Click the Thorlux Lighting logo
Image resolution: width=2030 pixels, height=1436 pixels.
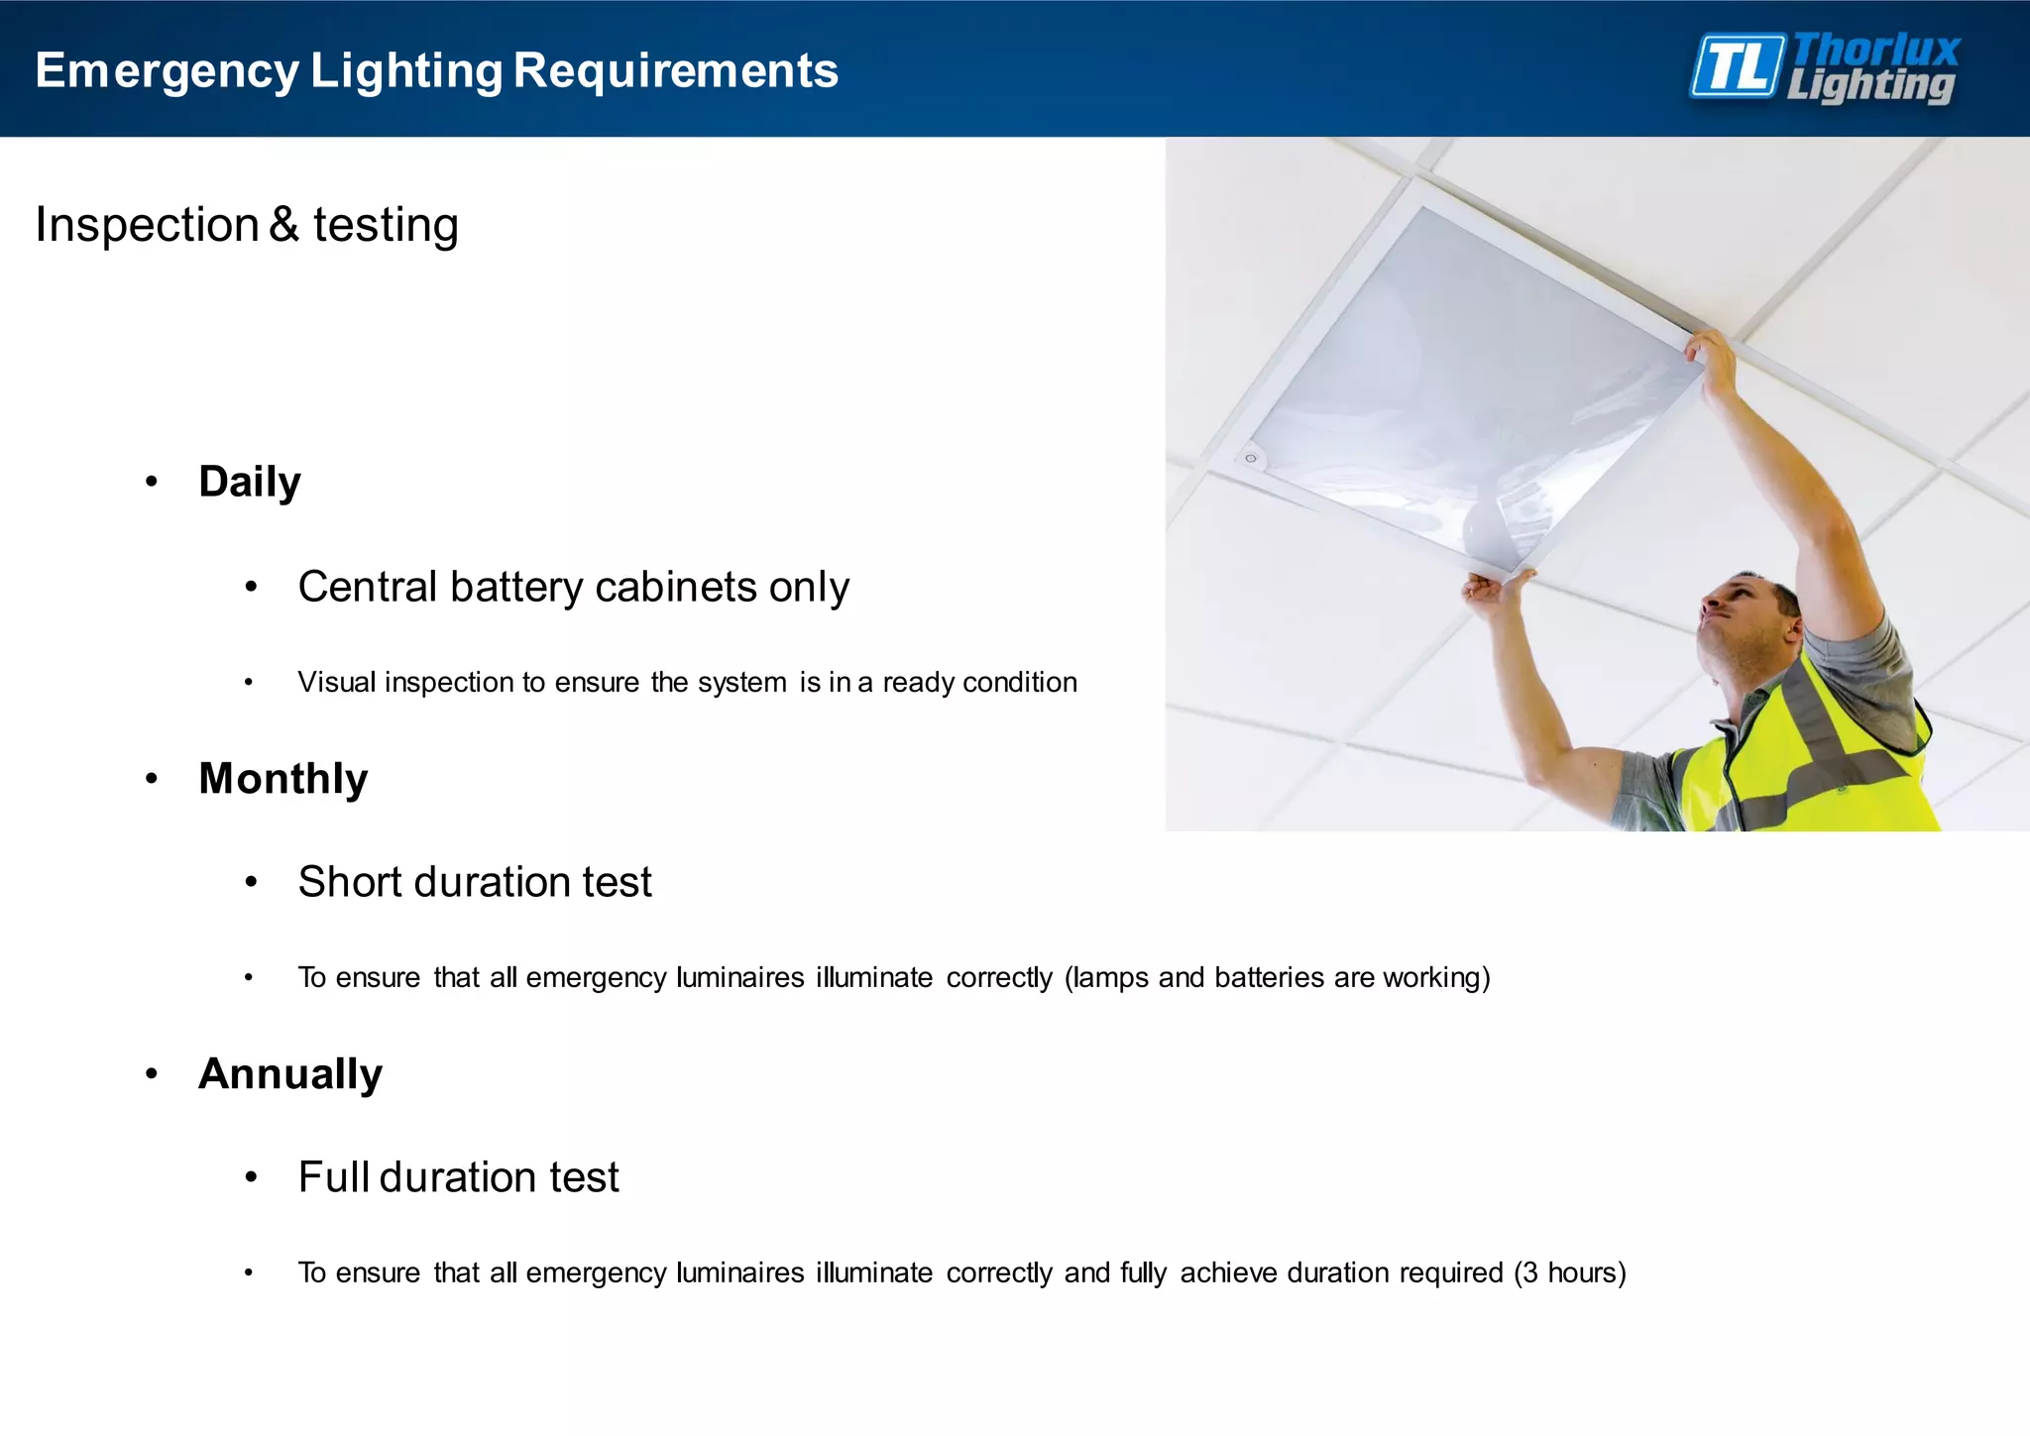coord(1824,67)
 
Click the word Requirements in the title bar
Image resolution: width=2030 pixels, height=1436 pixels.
coord(675,71)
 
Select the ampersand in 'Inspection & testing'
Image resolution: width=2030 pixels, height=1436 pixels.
coord(283,224)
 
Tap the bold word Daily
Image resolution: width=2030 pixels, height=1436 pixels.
coord(250,483)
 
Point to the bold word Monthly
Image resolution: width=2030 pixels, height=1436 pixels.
coord(283,779)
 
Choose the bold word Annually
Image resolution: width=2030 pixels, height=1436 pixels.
coord(290,1074)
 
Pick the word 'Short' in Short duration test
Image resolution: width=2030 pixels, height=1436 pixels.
coord(349,882)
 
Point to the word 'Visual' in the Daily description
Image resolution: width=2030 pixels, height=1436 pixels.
coord(336,683)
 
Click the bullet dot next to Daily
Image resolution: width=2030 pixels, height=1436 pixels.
coord(152,483)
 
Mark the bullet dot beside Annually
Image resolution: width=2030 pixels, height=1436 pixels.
coord(152,1074)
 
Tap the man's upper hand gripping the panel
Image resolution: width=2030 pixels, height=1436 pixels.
coord(1713,357)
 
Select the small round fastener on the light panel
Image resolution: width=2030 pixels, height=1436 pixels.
coord(1251,458)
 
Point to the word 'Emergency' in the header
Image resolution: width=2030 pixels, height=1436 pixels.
coord(167,71)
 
